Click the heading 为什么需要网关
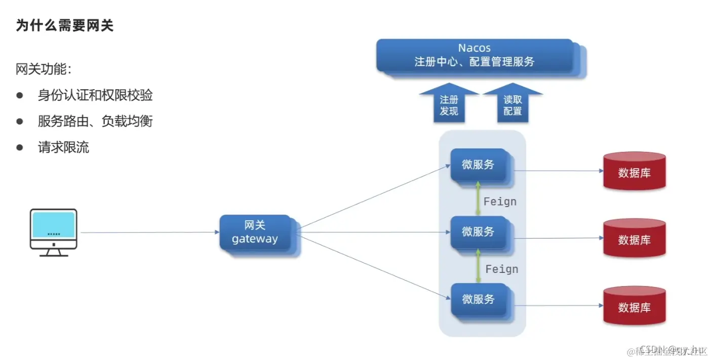pyautogui.click(x=65, y=25)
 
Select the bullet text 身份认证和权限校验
pyautogui.click(x=95, y=95)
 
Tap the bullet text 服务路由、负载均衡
pyautogui.click(x=95, y=121)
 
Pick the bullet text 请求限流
pyautogui.click(x=63, y=147)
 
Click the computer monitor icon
pyautogui.click(x=54, y=232)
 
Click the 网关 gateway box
pyautogui.click(x=255, y=232)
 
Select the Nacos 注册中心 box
pyautogui.click(x=475, y=55)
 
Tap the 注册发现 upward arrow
pyautogui.click(x=449, y=104)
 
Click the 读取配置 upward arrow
pyautogui.click(x=512, y=104)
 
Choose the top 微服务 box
pyautogui.click(x=478, y=165)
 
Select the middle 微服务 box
pyautogui.click(x=478, y=232)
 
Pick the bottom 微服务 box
pyautogui.click(x=478, y=299)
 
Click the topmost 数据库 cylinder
pyautogui.click(x=634, y=172)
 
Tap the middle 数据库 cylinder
pyautogui.click(x=634, y=239)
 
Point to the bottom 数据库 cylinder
pyautogui.click(x=634, y=306)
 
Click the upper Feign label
pyautogui.click(x=500, y=202)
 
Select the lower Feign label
pyautogui.click(x=501, y=269)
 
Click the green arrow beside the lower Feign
pyautogui.click(x=478, y=266)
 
